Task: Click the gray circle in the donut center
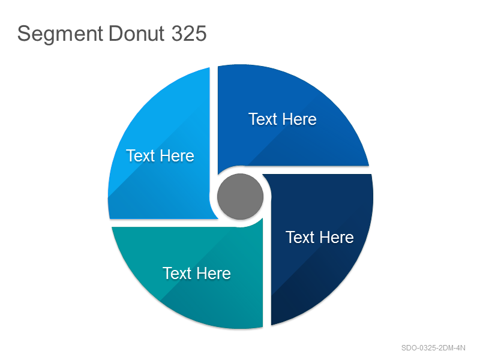point(241,197)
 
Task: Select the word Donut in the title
point(137,34)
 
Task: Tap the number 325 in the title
point(189,34)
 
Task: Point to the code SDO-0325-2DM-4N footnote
point(433,348)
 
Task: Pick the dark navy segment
point(322,245)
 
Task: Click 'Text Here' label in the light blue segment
point(160,156)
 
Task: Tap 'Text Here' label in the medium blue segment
point(283,119)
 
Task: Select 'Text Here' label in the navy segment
point(320,237)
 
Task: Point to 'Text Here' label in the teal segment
point(197,274)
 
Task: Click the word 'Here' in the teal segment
point(214,274)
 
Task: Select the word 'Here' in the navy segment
point(337,237)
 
